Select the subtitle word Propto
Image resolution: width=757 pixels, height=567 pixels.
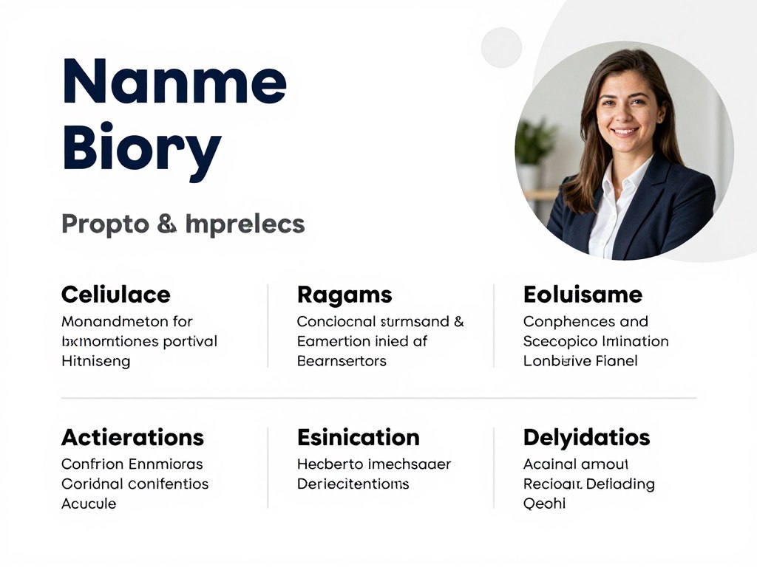click(105, 224)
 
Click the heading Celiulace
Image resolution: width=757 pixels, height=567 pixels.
click(115, 295)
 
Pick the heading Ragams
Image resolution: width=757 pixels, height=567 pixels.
click(344, 295)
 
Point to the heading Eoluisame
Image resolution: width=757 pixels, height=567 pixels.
click(583, 295)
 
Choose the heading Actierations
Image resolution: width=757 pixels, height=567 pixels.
click(132, 437)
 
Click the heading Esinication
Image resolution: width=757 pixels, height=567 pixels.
click(358, 437)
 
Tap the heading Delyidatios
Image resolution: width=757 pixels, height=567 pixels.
click(586, 437)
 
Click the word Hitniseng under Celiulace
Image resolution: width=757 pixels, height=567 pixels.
click(95, 361)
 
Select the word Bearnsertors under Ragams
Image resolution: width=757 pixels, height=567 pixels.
click(342, 361)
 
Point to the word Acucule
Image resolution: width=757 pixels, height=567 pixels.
click(89, 504)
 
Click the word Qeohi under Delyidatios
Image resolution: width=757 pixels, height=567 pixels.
click(544, 504)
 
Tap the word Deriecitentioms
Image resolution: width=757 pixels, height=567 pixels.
click(353, 484)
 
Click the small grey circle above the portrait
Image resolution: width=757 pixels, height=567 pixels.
click(501, 47)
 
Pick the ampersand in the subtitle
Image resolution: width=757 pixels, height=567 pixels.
click(167, 224)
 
